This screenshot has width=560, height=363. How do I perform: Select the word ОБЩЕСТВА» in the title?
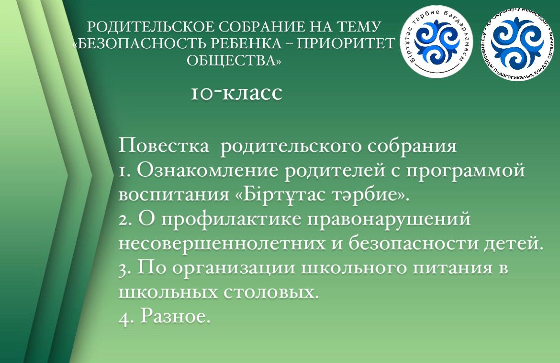pyautogui.click(x=234, y=61)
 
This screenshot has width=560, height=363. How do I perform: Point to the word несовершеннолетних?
pyautogui.click(x=222, y=244)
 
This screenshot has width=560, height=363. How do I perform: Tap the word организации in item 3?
pyautogui.click(x=234, y=268)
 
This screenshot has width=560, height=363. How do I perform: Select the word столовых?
pyautogui.click(x=271, y=292)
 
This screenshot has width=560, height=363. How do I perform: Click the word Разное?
pyautogui.click(x=175, y=316)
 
